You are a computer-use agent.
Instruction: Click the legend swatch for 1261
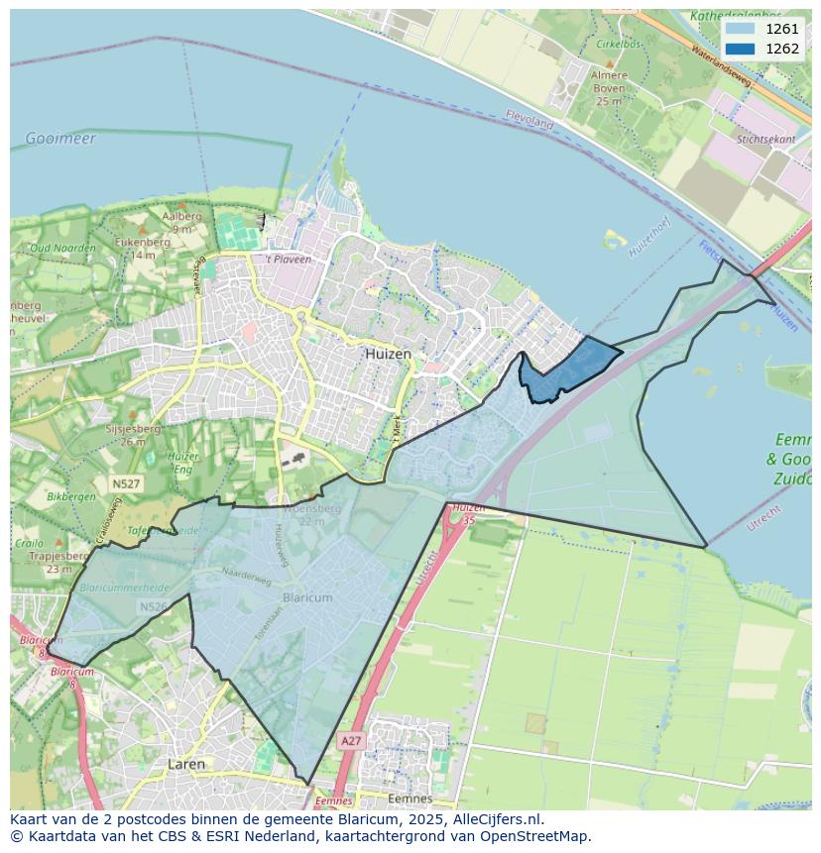(739, 29)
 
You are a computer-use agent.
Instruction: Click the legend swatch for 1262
(739, 49)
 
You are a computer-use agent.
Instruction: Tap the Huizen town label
(388, 354)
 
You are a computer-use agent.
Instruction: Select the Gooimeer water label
(61, 139)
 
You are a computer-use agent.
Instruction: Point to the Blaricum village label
(307, 598)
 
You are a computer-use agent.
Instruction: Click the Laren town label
(186, 764)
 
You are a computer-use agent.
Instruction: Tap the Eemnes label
(410, 799)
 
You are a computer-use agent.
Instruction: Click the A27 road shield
(350, 740)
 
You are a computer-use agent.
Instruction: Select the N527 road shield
(126, 483)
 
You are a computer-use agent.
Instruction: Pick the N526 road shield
(153, 606)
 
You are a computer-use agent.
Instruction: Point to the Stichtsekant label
(766, 140)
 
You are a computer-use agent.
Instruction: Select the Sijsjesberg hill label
(133, 429)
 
